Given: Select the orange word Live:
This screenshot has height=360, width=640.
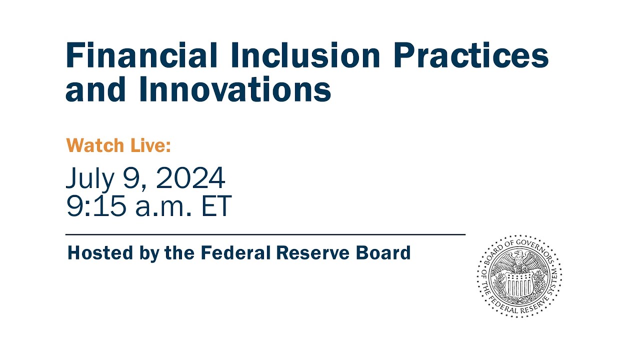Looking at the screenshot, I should click(150, 145).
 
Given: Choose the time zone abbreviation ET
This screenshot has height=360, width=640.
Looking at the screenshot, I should click(216, 206).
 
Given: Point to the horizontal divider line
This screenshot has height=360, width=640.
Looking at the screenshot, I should click(265, 234).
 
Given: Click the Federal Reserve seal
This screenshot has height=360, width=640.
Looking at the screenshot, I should click(519, 276).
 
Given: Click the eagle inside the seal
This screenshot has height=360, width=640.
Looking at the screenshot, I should click(519, 262).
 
